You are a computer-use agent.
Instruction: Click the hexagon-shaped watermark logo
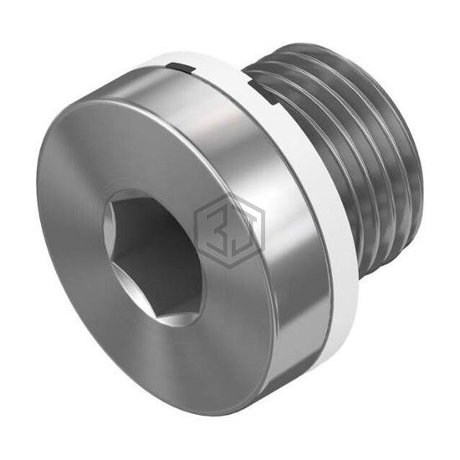pos(230,231)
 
